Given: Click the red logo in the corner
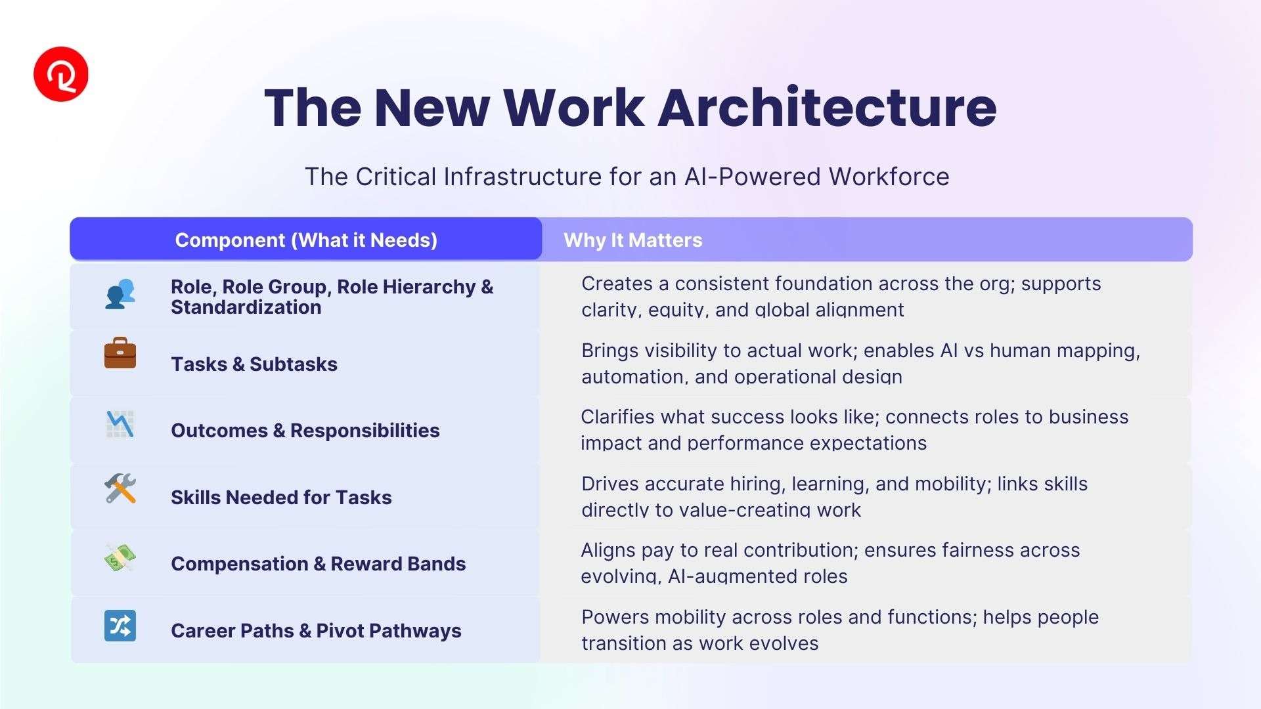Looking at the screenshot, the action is tap(61, 74).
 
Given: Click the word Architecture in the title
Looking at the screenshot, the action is tap(827, 107).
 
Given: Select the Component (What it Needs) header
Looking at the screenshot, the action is tap(306, 240).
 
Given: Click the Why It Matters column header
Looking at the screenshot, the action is tap(633, 240).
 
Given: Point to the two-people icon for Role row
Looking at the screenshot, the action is tap(120, 294).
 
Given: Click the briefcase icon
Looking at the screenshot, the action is tap(120, 353).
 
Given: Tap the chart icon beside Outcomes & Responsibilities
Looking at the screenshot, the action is tap(120, 424).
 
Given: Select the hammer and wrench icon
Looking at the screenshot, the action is tap(120, 488).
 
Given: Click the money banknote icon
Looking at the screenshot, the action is tap(120, 557).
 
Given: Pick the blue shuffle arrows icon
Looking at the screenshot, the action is tap(120, 626).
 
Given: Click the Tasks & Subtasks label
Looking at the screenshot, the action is tap(254, 364).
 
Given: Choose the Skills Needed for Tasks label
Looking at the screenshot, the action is tap(281, 498).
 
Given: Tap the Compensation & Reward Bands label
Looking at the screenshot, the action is tap(319, 564).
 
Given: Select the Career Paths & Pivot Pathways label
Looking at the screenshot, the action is tap(316, 631).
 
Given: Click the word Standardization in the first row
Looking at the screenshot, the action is tap(246, 307).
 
